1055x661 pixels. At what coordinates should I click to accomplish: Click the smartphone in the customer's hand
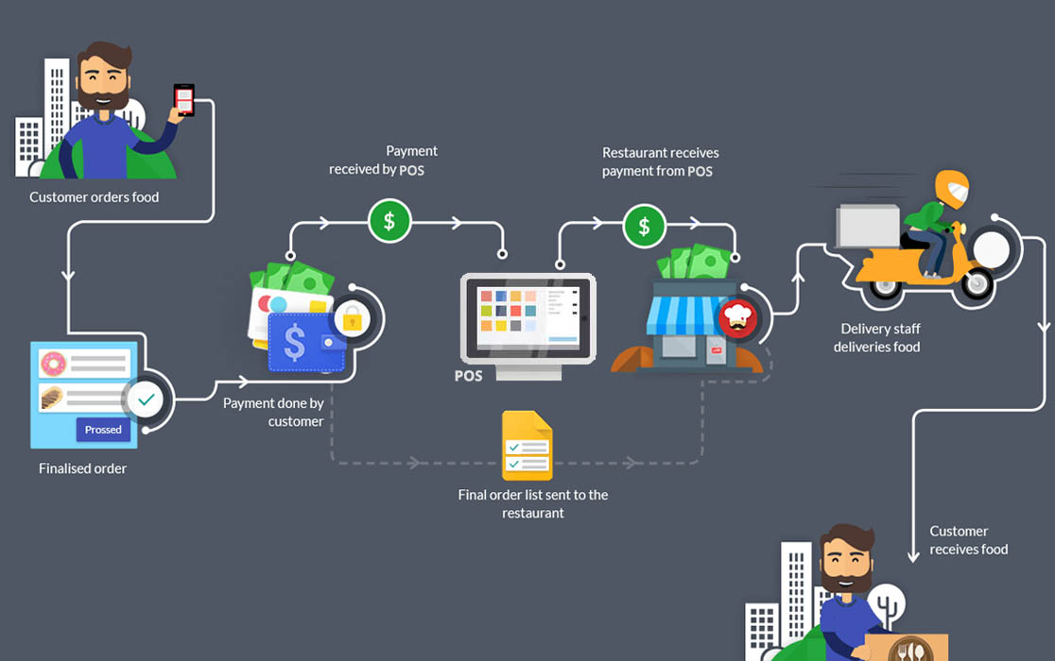tap(183, 99)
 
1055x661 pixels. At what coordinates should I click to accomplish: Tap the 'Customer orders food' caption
tap(94, 197)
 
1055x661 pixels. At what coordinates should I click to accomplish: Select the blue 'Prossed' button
tap(103, 430)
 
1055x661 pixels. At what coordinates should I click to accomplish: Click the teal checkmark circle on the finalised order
tap(146, 400)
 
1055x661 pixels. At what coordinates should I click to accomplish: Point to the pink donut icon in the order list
tap(52, 362)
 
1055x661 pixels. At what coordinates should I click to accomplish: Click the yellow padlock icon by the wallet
tap(352, 319)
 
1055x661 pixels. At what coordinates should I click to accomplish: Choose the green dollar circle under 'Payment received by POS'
tap(389, 222)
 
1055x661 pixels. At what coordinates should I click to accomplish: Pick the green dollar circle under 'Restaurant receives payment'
tap(644, 226)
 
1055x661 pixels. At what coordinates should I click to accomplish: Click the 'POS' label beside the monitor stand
tap(468, 376)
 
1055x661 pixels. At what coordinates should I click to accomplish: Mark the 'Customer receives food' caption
tap(968, 540)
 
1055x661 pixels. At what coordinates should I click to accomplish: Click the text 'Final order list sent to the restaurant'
tap(533, 503)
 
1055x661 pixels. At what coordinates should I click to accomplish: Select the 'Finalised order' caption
tap(82, 468)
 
